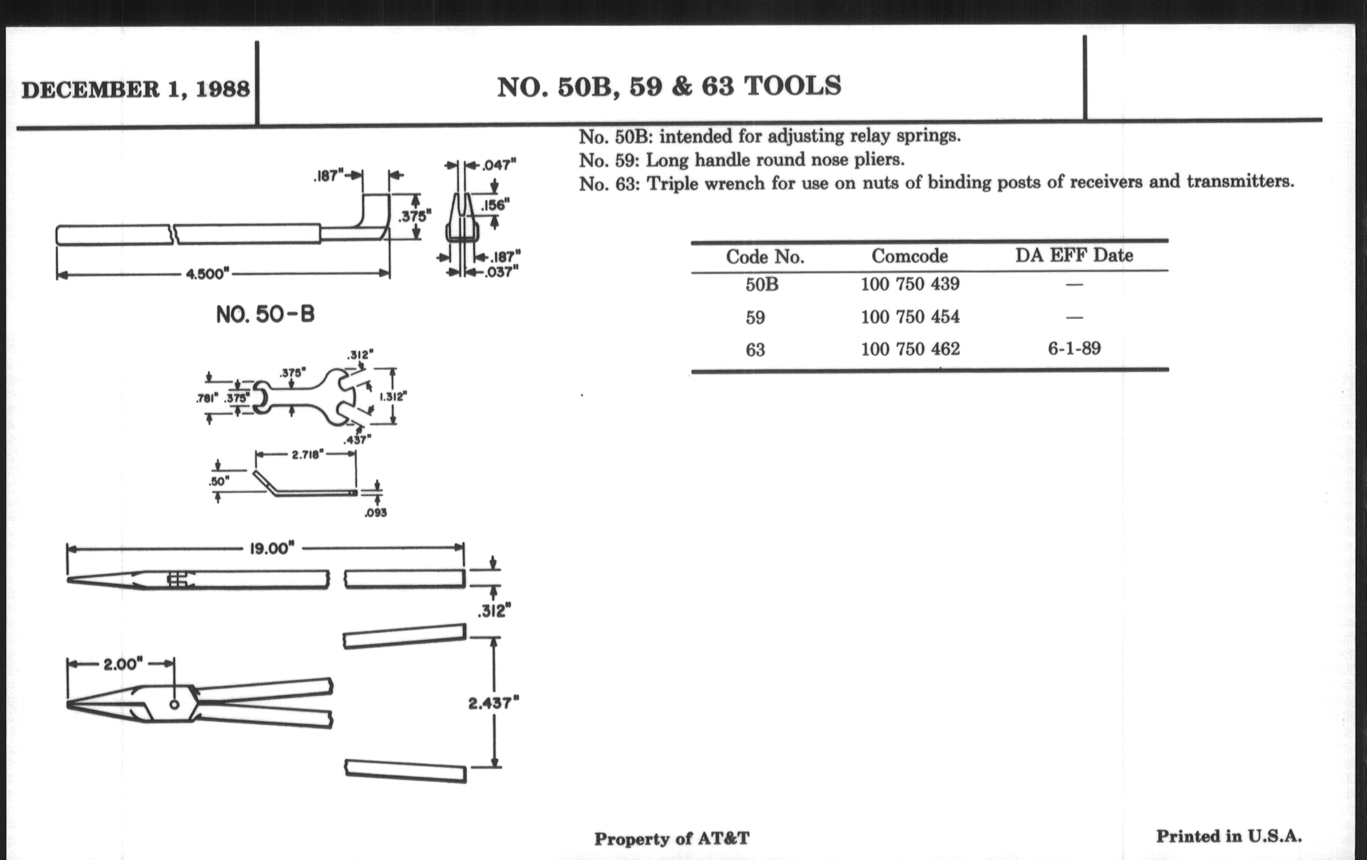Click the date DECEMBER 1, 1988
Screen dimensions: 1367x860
[135, 90]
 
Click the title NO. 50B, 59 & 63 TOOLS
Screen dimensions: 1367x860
[669, 87]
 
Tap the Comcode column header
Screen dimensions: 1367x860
[909, 256]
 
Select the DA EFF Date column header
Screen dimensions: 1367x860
[1074, 255]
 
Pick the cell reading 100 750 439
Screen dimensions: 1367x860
[910, 283]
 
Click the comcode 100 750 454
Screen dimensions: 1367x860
[910, 316]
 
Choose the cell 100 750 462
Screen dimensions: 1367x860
[910, 348]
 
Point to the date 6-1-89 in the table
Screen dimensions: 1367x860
[1074, 347]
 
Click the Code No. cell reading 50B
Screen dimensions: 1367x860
[762, 284]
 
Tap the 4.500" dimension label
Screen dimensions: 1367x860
[208, 274]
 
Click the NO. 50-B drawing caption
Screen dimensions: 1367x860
[265, 314]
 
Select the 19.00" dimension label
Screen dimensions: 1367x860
[272, 549]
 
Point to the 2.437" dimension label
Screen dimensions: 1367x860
[494, 703]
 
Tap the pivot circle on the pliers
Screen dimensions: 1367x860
[174, 705]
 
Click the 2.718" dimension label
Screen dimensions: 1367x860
[307, 455]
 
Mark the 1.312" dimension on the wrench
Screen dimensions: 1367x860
[393, 397]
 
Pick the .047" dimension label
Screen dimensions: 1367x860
[499, 165]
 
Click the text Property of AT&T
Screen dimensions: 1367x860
[672, 839]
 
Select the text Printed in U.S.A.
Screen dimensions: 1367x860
[1229, 836]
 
